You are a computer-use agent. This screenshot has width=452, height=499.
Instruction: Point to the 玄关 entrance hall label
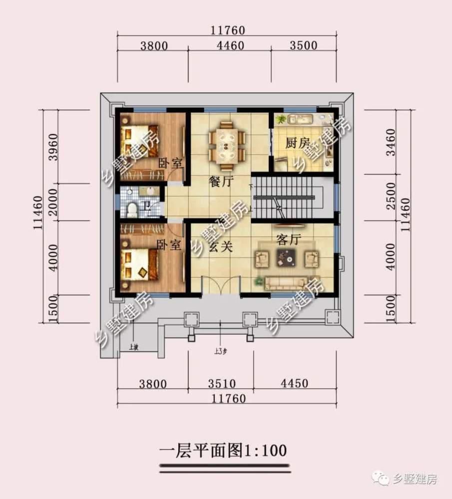coord(220,247)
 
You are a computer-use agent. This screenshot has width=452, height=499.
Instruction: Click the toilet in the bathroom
coord(132,210)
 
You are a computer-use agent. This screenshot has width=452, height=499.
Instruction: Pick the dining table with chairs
coord(227,146)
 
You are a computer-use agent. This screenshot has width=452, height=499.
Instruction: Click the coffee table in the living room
coord(286,257)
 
